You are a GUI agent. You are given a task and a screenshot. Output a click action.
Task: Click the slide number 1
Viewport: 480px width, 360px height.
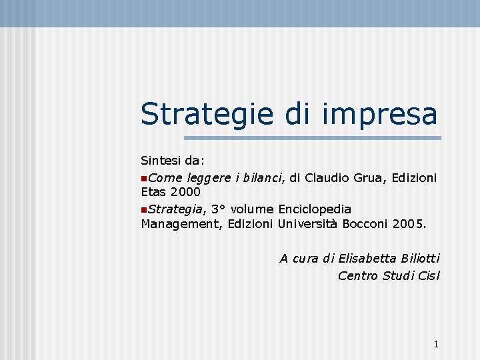point(435,344)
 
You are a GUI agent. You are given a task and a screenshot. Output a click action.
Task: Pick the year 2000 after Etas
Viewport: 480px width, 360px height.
point(184,193)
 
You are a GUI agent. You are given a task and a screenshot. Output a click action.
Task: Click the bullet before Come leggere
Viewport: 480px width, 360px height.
point(144,178)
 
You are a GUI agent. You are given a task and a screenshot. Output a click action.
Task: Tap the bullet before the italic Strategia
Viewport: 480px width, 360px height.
point(144,209)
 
